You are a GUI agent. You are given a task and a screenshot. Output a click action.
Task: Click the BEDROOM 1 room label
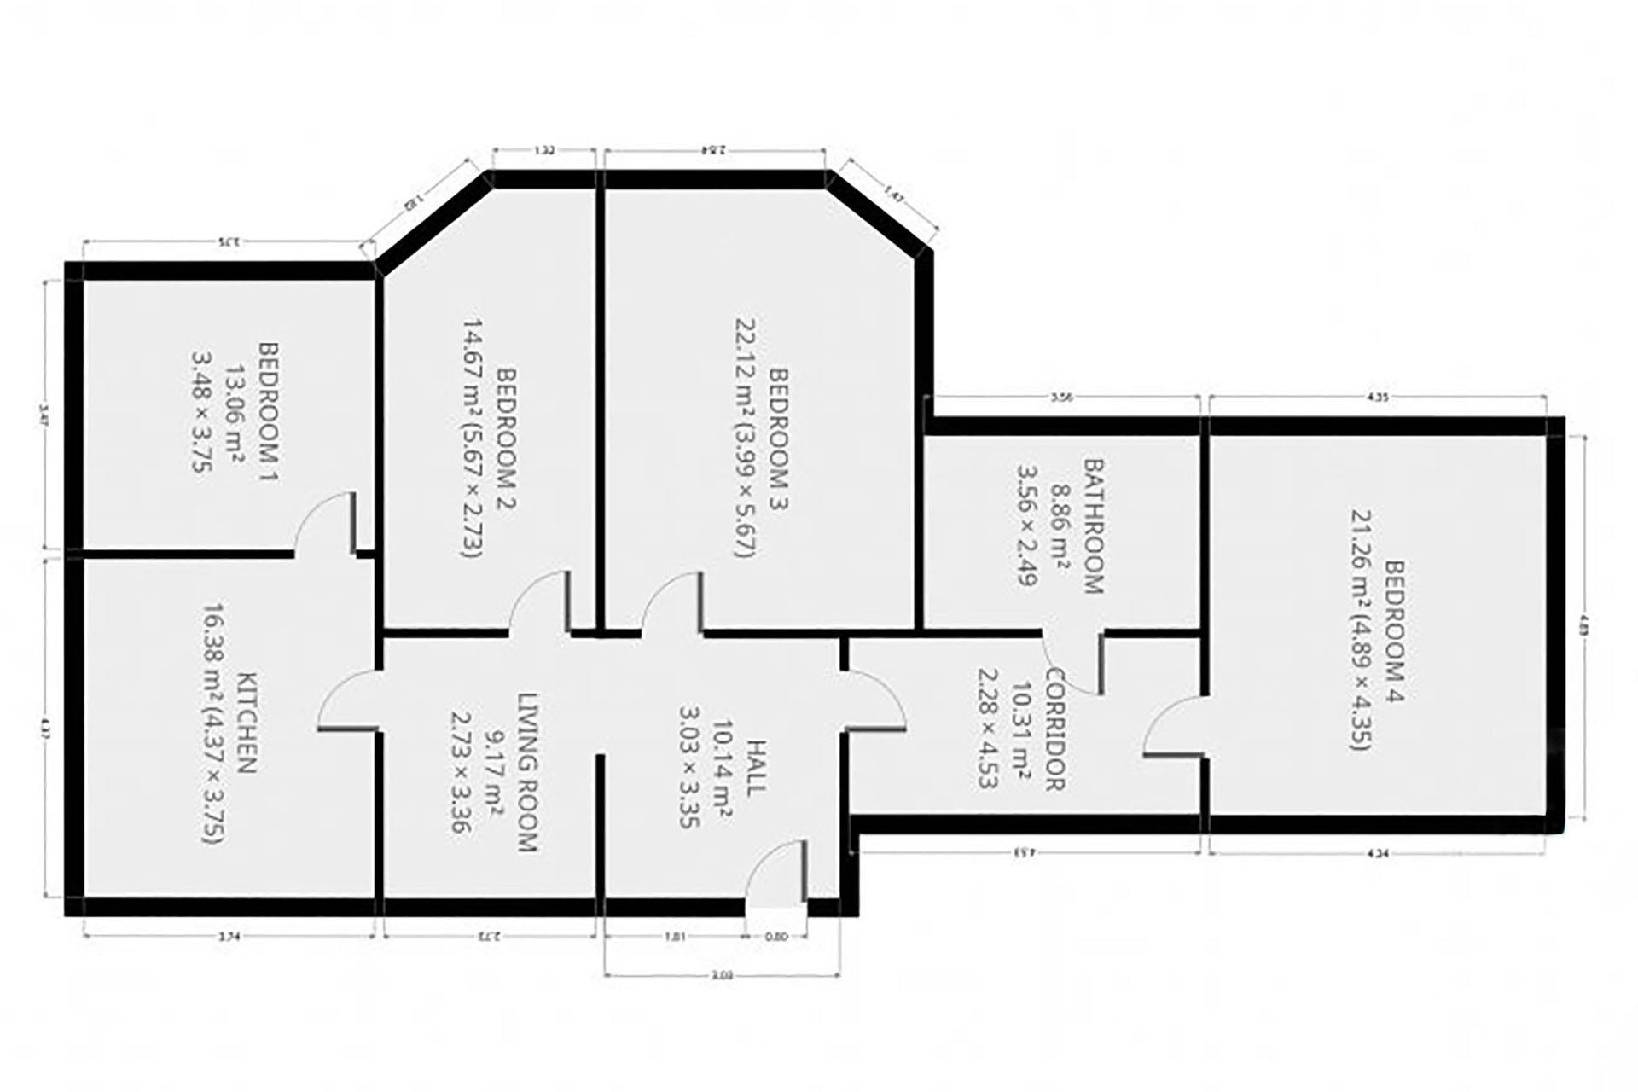coord(269,409)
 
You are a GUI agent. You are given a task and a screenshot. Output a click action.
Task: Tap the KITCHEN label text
coord(247,723)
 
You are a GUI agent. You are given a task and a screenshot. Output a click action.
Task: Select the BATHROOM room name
coord(1093,526)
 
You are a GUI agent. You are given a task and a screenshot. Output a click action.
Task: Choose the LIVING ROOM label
coord(527,772)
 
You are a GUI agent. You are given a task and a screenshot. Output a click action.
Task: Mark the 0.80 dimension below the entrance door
coord(776,936)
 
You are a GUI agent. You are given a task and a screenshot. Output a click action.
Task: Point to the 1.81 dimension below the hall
coord(674,936)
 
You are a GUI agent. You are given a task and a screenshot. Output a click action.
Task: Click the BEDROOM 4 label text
coord(1394,631)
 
